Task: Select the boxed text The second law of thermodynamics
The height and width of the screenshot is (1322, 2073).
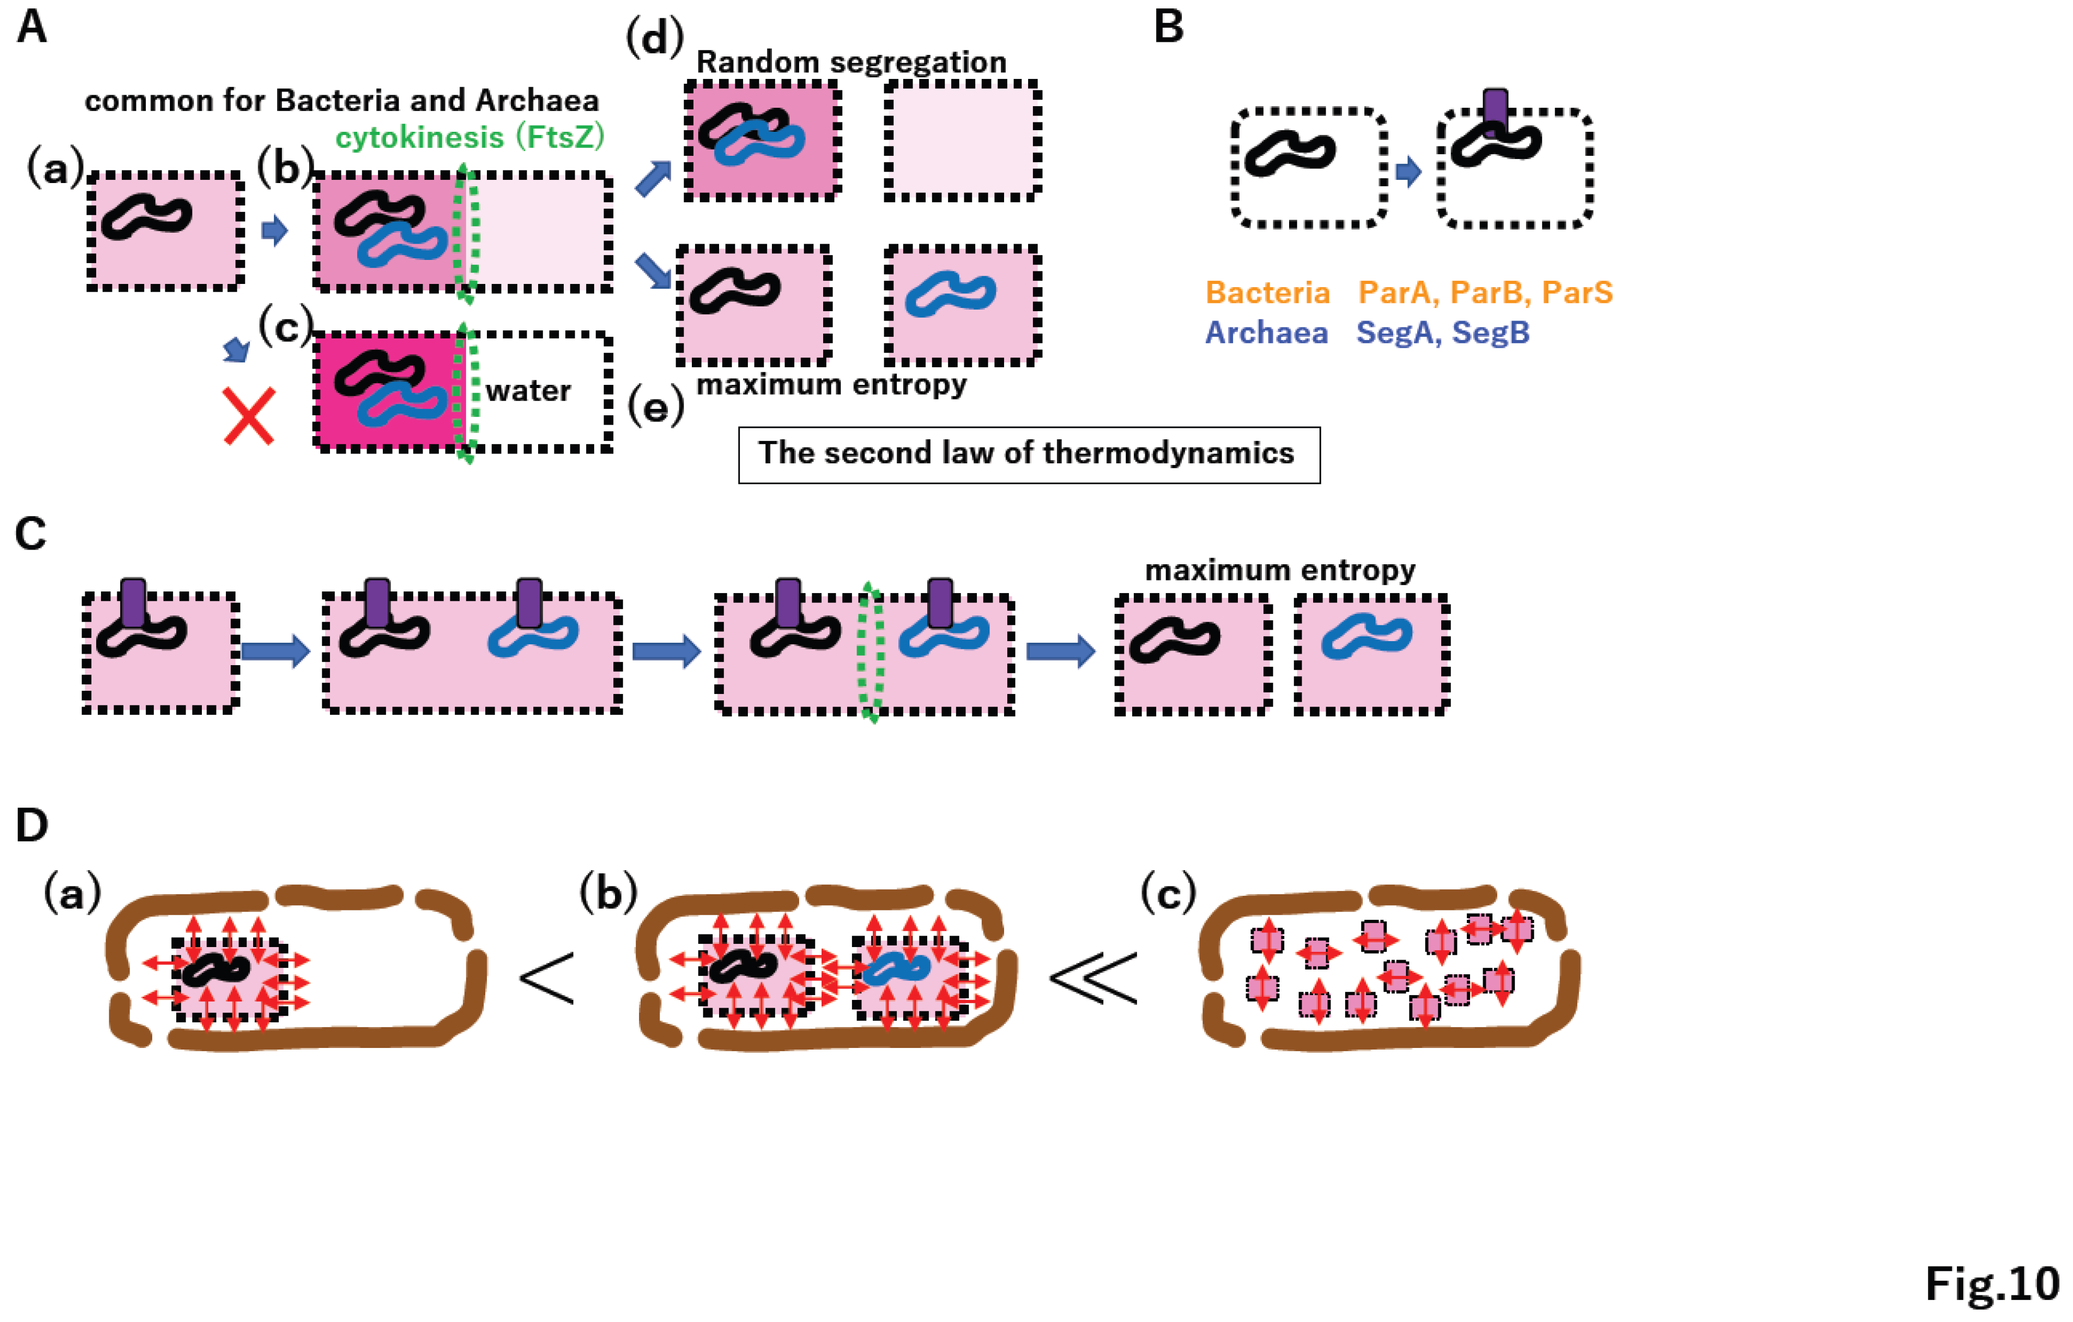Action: click(x=1028, y=453)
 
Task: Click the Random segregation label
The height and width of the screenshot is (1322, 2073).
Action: click(x=850, y=62)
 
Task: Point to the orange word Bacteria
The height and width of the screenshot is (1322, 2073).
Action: click(x=1267, y=293)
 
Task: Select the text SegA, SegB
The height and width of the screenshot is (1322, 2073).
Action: click(x=1443, y=332)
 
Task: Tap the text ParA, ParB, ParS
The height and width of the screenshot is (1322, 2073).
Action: click(x=1485, y=293)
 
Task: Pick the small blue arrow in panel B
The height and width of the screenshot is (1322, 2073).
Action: click(x=1408, y=172)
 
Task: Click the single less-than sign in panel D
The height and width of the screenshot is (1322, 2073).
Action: click(x=546, y=978)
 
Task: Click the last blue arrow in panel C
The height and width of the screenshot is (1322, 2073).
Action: click(x=1061, y=652)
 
